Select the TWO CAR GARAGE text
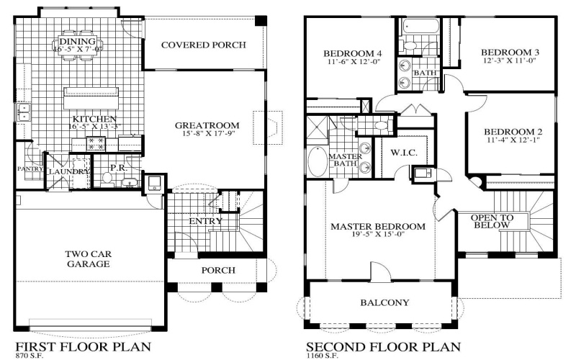(x=87, y=259)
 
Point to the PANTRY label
(x=29, y=168)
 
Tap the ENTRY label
(x=205, y=221)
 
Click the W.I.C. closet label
(x=404, y=152)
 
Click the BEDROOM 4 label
(x=352, y=53)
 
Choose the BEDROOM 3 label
(x=510, y=53)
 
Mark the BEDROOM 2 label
(x=511, y=131)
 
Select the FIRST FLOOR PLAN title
(x=84, y=346)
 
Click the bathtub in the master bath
(x=317, y=160)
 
